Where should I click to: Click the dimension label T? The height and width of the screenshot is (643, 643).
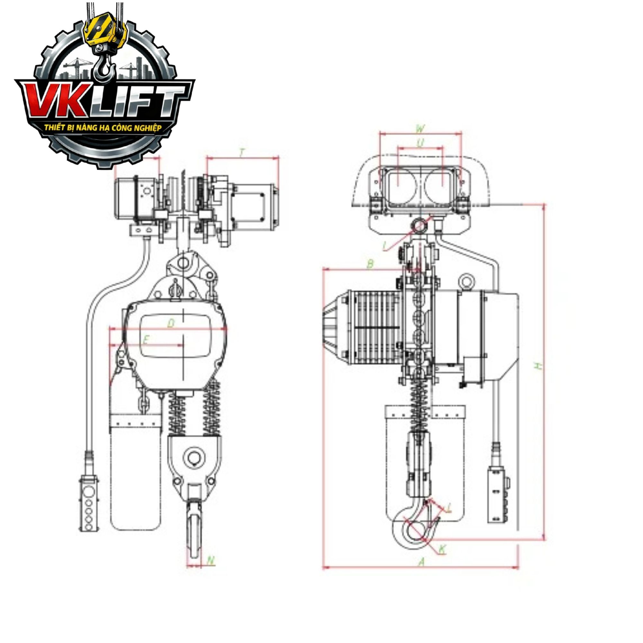pyautogui.click(x=242, y=153)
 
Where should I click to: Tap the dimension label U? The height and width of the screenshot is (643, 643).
pyautogui.click(x=421, y=143)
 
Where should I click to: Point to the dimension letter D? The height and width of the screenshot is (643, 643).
pyautogui.click(x=171, y=323)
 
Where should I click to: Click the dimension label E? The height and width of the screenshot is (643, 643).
pyautogui.click(x=145, y=340)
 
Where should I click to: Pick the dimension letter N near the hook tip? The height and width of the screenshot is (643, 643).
pyautogui.click(x=210, y=560)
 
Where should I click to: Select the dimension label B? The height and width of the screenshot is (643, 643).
pyautogui.click(x=370, y=264)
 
